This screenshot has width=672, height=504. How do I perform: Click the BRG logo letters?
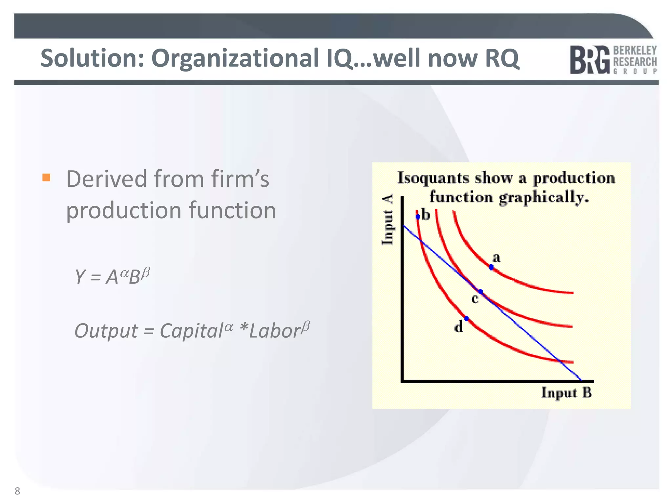(590, 60)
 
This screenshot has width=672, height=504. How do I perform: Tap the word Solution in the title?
(92, 58)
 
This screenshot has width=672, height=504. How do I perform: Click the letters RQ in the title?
(502, 58)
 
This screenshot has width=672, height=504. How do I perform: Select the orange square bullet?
(46, 178)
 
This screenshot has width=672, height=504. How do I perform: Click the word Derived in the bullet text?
(107, 179)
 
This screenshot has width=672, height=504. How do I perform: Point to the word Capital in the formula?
(191, 331)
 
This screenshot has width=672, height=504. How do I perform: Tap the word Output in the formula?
(106, 331)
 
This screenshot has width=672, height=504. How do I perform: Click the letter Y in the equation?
(80, 277)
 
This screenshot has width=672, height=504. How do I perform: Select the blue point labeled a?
(491, 267)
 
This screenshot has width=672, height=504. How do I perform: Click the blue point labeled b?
(418, 217)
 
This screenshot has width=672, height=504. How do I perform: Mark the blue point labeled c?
(480, 291)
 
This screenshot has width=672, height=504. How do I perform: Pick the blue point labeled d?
(466, 319)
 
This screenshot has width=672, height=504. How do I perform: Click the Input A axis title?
(388, 220)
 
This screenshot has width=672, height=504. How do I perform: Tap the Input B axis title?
(566, 393)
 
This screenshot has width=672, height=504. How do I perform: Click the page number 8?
(17, 491)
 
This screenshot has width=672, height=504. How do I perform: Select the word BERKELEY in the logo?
(635, 51)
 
